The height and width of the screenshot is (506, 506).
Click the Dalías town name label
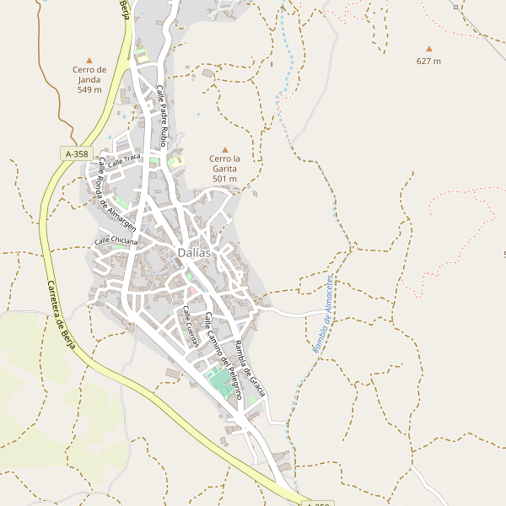(194, 252)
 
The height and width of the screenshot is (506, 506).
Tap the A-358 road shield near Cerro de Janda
(77, 153)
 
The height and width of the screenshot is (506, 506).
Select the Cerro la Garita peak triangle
(224, 148)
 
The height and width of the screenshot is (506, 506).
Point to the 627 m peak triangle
(428, 49)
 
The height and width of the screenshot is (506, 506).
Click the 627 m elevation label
(428, 61)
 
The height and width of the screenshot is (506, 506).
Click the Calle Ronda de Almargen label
(116, 194)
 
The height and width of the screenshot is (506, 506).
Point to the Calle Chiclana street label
(115, 240)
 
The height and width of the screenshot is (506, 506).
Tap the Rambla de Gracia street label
(250, 368)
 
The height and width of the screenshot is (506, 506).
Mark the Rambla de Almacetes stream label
(325, 314)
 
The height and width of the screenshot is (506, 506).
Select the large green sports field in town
(224, 383)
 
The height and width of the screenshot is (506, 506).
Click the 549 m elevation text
(89, 89)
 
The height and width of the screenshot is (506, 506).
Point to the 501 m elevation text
(224, 179)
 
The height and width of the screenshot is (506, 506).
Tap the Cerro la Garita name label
(224, 164)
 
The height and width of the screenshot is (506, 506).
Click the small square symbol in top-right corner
(455, 7)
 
